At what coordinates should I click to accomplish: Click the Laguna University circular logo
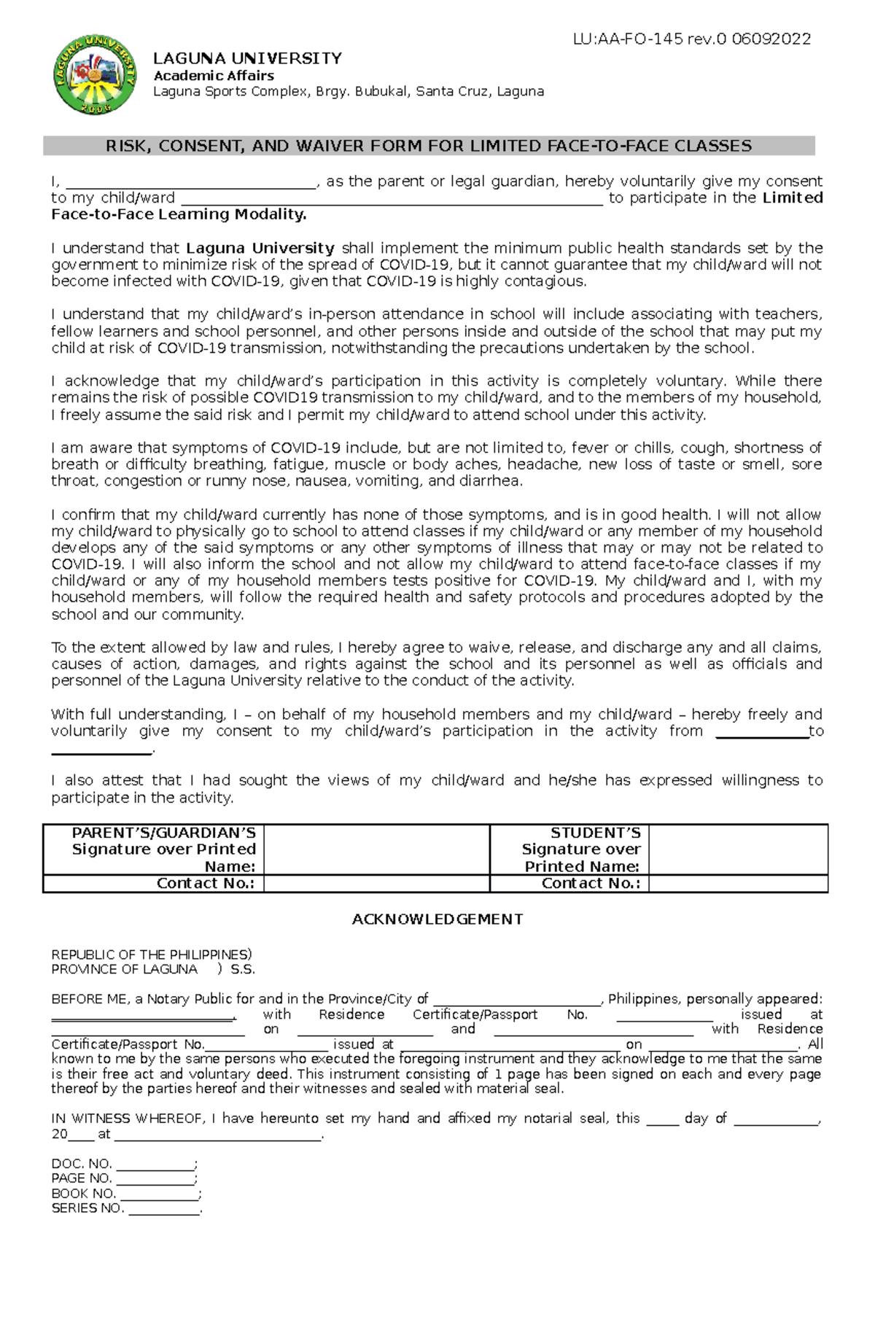pos(95,75)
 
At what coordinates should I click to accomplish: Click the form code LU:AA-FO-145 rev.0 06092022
pos(691,39)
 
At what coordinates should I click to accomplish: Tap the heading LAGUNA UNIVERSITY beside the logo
pos(247,58)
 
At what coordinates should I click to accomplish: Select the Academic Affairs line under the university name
pos(214,76)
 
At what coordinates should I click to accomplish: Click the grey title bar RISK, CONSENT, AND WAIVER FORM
pos(429,146)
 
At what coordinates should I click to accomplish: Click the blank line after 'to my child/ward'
pos(392,200)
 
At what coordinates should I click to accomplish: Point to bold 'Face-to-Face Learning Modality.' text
pos(179,214)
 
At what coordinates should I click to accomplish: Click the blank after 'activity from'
pos(762,733)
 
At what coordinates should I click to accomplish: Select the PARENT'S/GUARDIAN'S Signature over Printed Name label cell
pos(154,849)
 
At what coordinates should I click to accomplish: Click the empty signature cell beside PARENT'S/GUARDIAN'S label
pos(376,849)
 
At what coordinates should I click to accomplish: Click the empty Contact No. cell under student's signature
pos(738,884)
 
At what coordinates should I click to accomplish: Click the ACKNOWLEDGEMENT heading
pos(437,919)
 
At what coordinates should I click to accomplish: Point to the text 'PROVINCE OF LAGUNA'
pos(124,970)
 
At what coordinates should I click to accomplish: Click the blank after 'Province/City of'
pos(516,1000)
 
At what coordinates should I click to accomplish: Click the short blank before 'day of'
pos(662,1120)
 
